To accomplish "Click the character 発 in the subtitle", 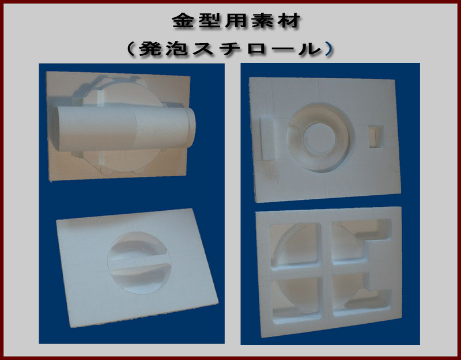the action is tap(150, 48).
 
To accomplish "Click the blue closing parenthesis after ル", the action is tap(329, 48).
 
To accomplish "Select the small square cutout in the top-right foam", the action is tap(376, 137).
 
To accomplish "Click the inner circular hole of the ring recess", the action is tap(320, 139).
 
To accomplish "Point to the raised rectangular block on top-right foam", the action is tap(267, 138).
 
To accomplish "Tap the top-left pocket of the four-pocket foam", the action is tap(295, 245).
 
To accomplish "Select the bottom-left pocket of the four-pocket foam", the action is tap(296, 298).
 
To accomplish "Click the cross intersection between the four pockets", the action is tap(326, 269).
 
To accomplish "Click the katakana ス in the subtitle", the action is tap(203, 48).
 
